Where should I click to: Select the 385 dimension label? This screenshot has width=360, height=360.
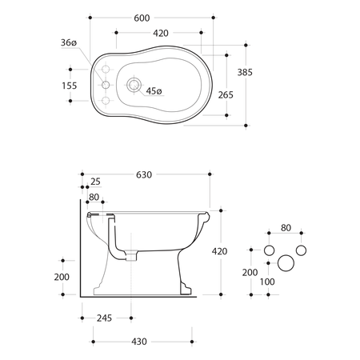tap(245, 73)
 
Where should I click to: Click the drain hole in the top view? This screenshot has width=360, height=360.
tap(134, 83)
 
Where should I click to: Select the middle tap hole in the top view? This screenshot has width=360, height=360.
tap(103, 84)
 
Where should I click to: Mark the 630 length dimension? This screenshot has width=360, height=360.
tap(145, 174)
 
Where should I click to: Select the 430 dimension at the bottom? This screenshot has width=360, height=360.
tap(138, 342)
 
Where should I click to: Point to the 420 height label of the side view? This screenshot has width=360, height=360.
tap(219, 250)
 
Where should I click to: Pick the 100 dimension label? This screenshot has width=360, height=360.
tap(266, 281)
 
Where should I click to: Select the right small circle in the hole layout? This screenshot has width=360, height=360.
tap(301, 250)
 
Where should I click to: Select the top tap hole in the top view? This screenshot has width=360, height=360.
tap(103, 70)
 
